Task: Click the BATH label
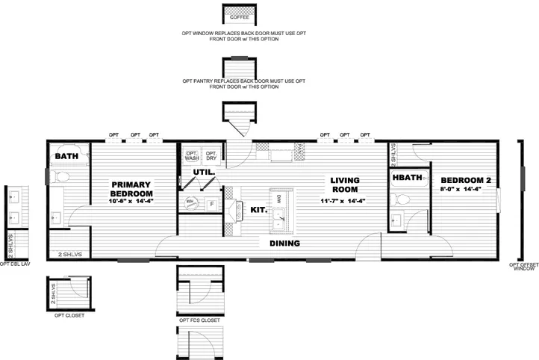click(x=67, y=156)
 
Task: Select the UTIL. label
click(x=204, y=172)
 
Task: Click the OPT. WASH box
click(x=192, y=155)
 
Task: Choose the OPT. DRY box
click(x=211, y=155)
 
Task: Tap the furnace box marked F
click(x=211, y=203)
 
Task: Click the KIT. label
click(x=258, y=210)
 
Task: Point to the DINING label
click(x=284, y=243)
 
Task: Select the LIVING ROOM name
click(x=346, y=184)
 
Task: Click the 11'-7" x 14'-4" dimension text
click(x=346, y=201)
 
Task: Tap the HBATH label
click(x=408, y=178)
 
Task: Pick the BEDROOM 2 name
click(x=466, y=180)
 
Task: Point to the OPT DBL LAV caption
click(x=15, y=264)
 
